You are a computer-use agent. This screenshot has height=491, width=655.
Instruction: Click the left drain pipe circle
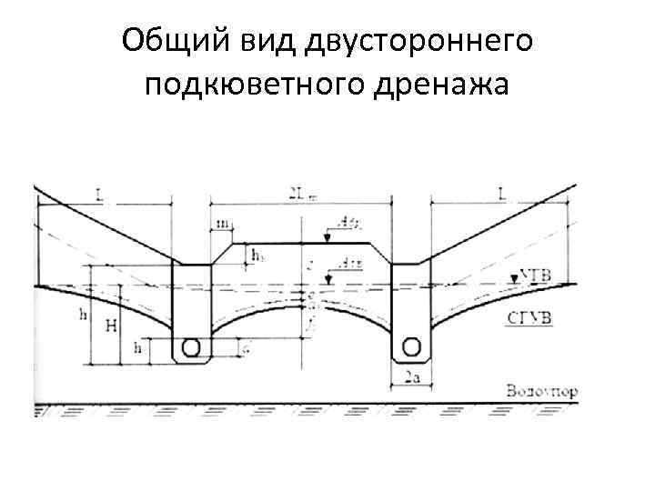click(x=191, y=347)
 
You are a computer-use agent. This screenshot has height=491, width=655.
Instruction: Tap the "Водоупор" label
click(x=543, y=392)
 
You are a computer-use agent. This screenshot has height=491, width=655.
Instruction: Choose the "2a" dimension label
click(x=411, y=376)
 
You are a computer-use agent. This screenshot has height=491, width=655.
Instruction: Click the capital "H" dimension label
click(x=110, y=325)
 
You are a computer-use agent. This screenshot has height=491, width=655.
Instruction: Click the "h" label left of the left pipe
click(x=138, y=347)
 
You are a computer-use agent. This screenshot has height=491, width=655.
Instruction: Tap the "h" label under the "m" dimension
click(x=257, y=256)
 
